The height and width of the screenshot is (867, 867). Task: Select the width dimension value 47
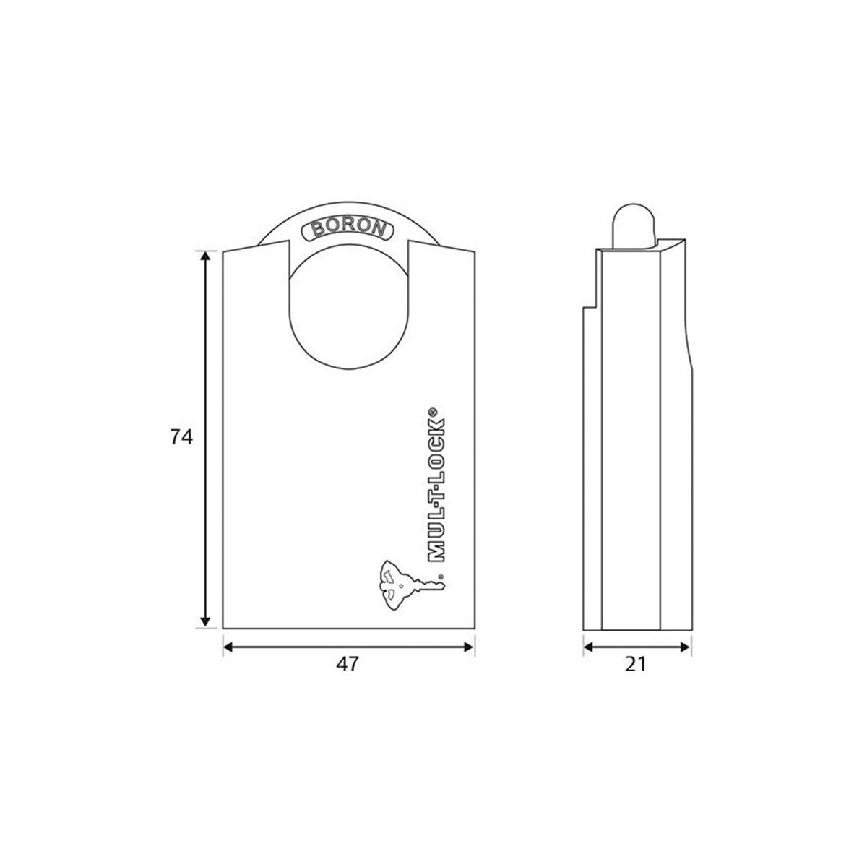click(348, 665)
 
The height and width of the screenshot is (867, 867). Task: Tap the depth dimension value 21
click(635, 665)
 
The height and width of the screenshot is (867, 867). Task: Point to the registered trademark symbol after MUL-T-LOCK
click(433, 412)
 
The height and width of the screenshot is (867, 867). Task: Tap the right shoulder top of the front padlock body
click(442, 248)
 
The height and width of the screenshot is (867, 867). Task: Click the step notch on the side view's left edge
click(590, 306)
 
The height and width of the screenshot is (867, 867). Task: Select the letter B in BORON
click(316, 232)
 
